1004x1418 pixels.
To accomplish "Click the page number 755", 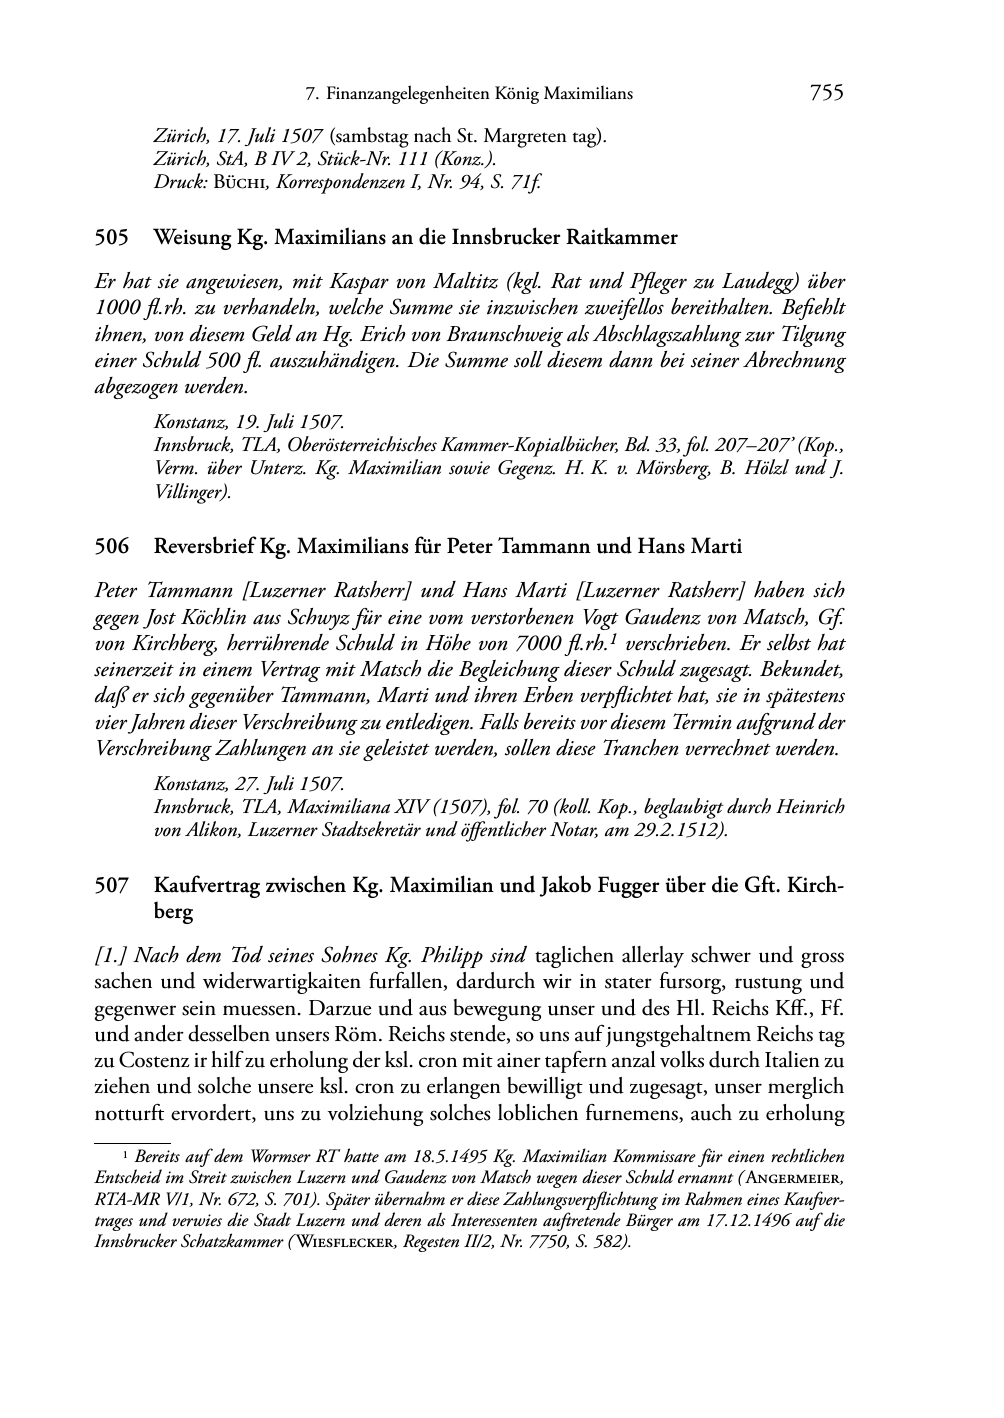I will (x=826, y=94).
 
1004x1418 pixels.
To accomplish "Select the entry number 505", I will (x=111, y=238).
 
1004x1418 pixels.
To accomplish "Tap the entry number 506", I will (x=111, y=546).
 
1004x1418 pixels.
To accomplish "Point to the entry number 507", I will (x=111, y=885).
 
